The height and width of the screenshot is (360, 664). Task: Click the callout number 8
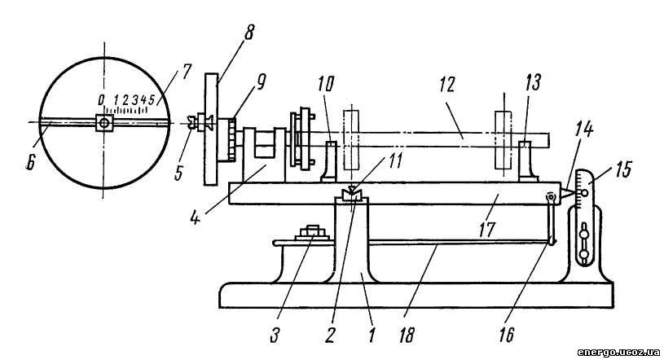click(x=248, y=33)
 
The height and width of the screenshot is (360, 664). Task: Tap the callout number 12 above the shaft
click(x=447, y=85)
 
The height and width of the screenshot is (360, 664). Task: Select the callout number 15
click(x=622, y=169)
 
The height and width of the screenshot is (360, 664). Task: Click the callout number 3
click(x=275, y=336)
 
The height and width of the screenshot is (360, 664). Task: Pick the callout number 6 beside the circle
click(x=29, y=163)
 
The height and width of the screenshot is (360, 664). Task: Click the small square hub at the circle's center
click(x=104, y=123)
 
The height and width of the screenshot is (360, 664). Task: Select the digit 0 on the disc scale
click(x=101, y=100)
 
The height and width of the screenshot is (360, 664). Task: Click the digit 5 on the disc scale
click(x=152, y=100)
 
